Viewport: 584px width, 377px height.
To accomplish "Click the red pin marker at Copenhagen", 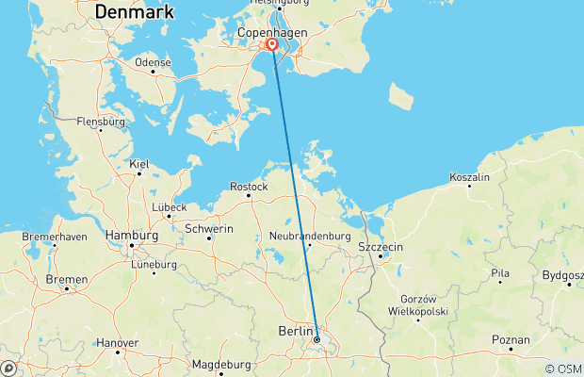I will click(272, 44).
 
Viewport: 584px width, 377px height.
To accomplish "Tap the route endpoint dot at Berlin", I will click(316, 339).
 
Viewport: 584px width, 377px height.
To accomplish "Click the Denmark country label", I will click(135, 12).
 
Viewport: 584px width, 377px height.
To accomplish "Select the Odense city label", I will click(153, 62).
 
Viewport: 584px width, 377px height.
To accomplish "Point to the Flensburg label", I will click(101, 122).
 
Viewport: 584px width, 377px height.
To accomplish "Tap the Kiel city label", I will click(139, 164).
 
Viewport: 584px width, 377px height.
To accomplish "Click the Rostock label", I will click(250, 187).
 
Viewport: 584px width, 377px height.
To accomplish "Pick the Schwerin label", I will click(210, 228).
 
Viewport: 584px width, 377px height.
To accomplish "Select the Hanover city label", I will click(117, 342).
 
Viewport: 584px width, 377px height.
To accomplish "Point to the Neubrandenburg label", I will click(310, 236).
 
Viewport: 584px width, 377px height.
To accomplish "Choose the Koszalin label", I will click(470, 177).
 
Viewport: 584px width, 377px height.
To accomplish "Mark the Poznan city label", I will click(511, 338).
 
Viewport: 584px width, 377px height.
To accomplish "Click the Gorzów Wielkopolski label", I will click(421, 303).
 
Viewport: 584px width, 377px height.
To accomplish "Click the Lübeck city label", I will click(169, 206).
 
